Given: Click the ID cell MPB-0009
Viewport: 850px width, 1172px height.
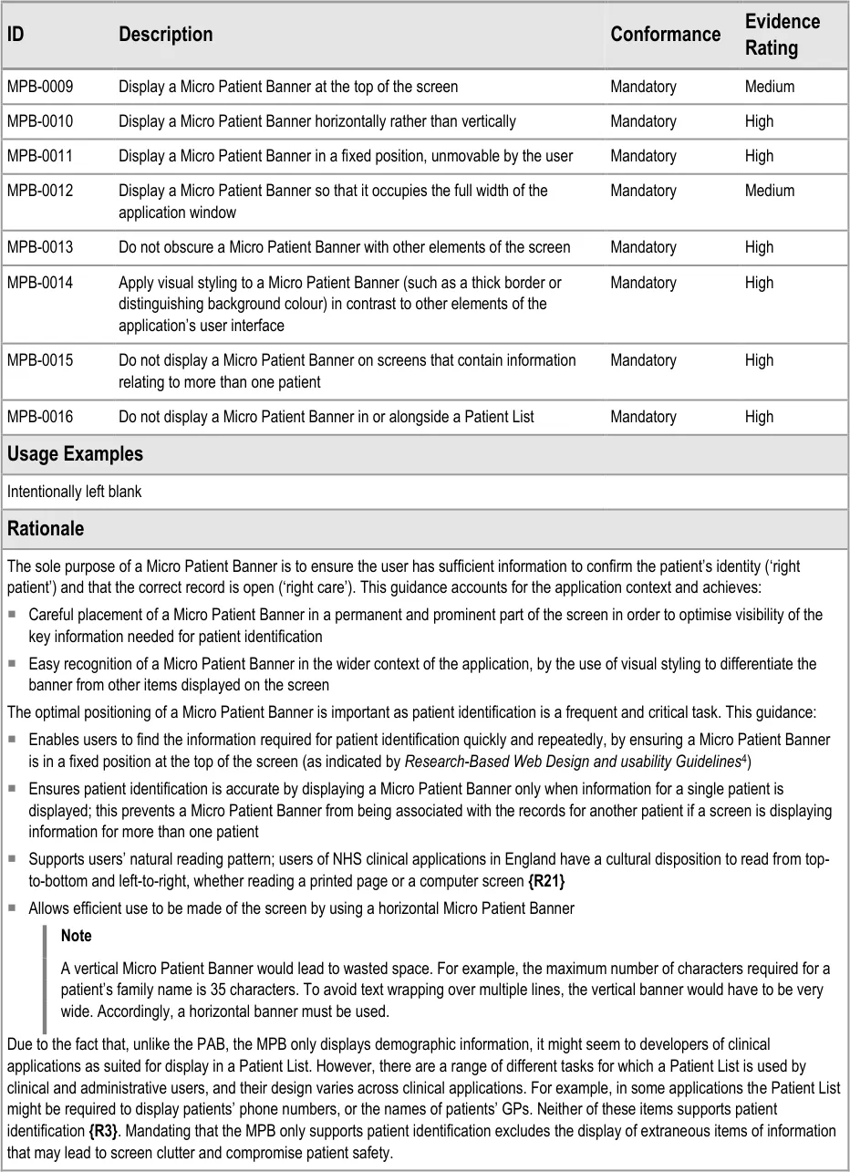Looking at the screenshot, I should (x=40, y=87).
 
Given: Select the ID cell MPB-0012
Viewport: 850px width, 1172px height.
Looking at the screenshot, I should (x=40, y=191).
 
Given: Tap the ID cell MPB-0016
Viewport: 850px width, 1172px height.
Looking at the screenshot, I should (x=40, y=417).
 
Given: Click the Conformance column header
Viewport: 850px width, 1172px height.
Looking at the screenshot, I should (x=665, y=35).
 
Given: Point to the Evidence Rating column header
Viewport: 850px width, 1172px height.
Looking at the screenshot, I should (x=782, y=35).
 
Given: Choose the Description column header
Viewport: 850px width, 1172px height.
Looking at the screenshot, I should (x=165, y=35).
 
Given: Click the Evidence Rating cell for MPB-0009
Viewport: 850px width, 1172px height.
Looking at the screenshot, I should (x=770, y=87).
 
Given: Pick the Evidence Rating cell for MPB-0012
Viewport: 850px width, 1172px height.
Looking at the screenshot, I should (x=770, y=191).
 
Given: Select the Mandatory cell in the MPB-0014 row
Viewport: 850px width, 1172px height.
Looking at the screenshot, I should (x=643, y=283).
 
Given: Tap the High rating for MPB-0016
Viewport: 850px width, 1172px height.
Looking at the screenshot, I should (x=759, y=417).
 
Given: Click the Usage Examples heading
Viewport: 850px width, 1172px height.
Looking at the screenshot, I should (x=75, y=454).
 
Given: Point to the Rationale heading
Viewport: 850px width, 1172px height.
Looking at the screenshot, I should (x=46, y=529).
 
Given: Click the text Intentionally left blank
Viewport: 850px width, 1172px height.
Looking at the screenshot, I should (x=75, y=492).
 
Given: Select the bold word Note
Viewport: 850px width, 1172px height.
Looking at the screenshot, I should (x=77, y=936).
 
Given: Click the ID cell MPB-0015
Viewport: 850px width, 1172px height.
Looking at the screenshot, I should (x=40, y=360).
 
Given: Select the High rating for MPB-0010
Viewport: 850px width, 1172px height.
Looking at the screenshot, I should (x=759, y=121).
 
